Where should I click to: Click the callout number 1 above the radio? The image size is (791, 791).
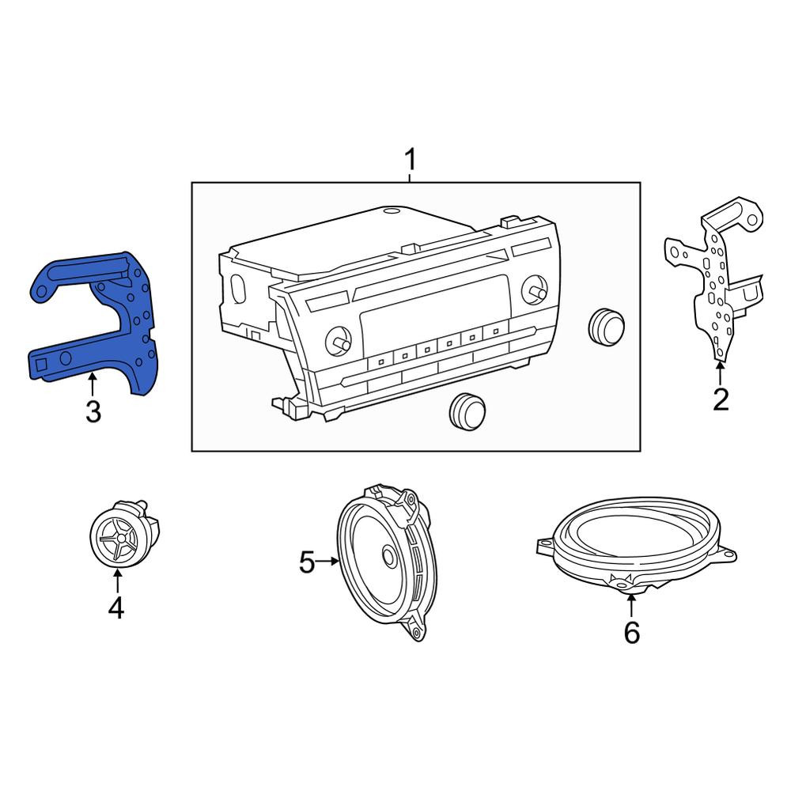point(411,160)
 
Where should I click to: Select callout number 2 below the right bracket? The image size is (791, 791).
point(721,399)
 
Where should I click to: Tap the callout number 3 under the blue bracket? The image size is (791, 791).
point(93,411)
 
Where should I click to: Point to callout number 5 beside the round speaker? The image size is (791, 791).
point(307,562)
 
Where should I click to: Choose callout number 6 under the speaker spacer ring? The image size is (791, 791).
point(631,632)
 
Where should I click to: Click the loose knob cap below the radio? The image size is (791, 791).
point(467,412)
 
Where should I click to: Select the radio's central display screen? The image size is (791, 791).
point(433,308)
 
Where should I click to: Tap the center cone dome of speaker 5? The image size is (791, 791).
point(388,556)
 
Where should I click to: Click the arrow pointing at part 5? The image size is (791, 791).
point(327,561)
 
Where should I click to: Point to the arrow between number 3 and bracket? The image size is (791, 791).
point(93,384)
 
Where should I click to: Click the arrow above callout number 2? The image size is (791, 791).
point(721,373)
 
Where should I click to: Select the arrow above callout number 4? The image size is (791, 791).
point(117,580)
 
